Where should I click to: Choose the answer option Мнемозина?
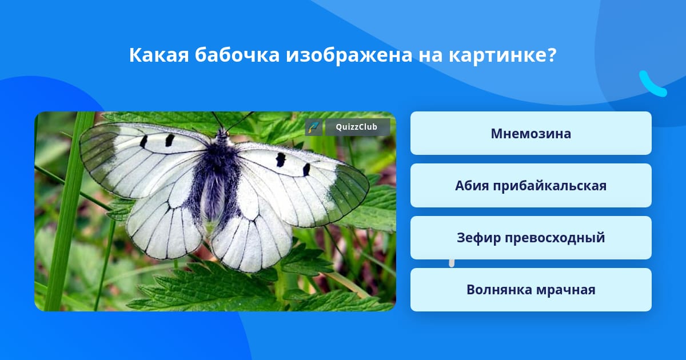point(531,133)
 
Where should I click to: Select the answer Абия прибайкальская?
point(531,186)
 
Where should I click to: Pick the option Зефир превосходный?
point(531,238)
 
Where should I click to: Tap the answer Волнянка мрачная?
point(531,290)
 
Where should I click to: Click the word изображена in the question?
point(349,56)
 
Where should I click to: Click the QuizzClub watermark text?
point(357,127)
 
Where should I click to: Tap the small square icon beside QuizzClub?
point(314,127)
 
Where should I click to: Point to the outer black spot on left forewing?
point(143,142)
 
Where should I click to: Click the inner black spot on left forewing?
point(169,140)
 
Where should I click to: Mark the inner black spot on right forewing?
point(280,160)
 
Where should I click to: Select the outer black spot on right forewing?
point(306,170)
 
